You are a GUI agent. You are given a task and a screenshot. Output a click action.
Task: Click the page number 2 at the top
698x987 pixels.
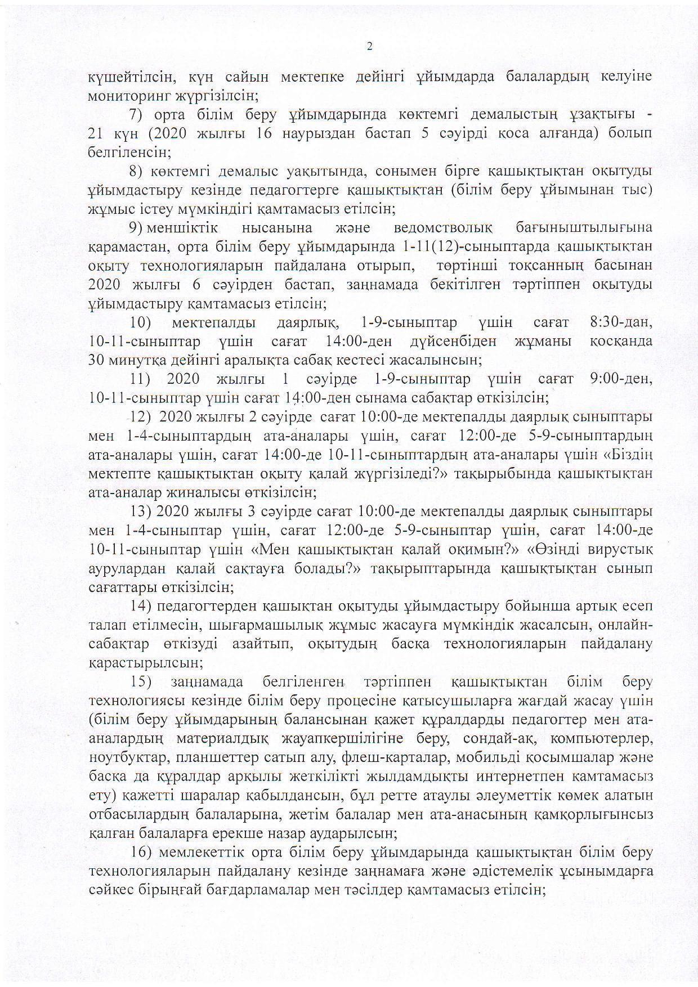point(370,47)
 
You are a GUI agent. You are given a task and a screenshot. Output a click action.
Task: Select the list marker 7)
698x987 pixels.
point(138,114)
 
